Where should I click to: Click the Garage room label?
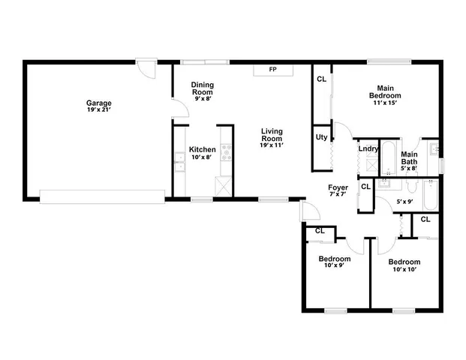tap(99, 103)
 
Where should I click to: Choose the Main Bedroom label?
tap(385, 93)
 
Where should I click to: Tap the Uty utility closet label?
tap(320, 137)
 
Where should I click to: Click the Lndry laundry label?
tap(368, 149)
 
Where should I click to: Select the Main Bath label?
tap(409, 158)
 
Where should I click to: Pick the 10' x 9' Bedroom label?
tap(334, 262)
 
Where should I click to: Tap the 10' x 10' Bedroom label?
tap(404, 265)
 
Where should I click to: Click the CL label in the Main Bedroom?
tap(321, 79)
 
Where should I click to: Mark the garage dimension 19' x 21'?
tap(99, 110)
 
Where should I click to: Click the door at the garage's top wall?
tap(146, 69)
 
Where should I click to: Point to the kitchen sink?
tap(179, 163)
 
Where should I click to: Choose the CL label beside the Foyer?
tap(365, 186)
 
